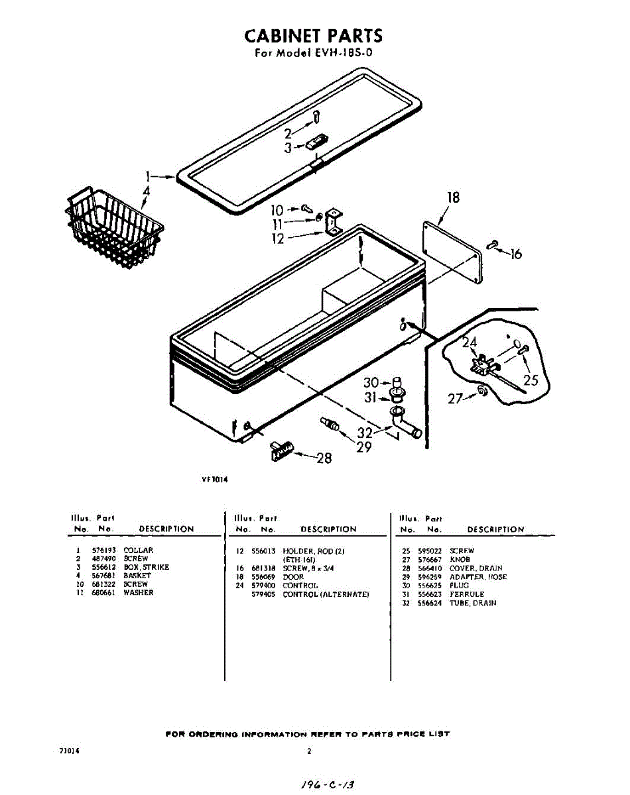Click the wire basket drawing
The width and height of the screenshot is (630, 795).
point(114,222)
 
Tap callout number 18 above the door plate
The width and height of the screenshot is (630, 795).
point(453,197)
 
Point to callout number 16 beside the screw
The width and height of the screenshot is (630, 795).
point(515,254)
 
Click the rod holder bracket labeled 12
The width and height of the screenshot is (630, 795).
point(333,221)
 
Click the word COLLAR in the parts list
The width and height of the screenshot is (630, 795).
point(138,551)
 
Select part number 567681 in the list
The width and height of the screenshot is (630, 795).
point(103,576)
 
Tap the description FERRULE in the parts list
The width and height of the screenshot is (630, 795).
point(467,594)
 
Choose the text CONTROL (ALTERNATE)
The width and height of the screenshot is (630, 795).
point(326,594)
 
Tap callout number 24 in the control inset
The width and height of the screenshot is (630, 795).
point(470,343)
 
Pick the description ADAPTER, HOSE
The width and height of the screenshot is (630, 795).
point(477,577)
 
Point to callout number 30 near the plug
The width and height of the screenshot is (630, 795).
point(371,383)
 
